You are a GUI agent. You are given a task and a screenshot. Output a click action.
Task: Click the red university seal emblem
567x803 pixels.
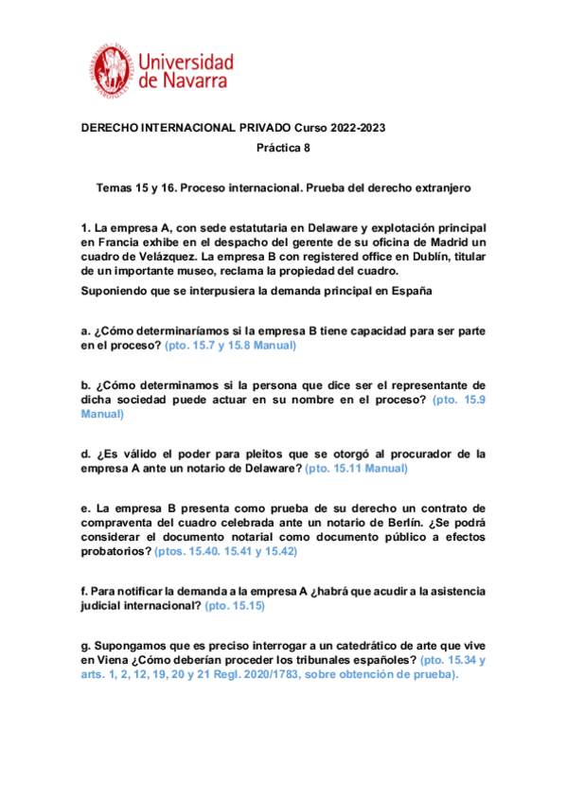[115, 71]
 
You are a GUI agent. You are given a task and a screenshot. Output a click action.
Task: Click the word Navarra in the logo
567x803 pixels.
[194, 82]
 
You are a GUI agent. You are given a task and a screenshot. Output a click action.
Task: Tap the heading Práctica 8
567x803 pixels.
[283, 148]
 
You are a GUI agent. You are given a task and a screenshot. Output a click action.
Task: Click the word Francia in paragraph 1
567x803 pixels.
[118, 243]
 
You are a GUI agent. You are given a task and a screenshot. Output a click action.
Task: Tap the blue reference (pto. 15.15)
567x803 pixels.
[234, 605]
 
